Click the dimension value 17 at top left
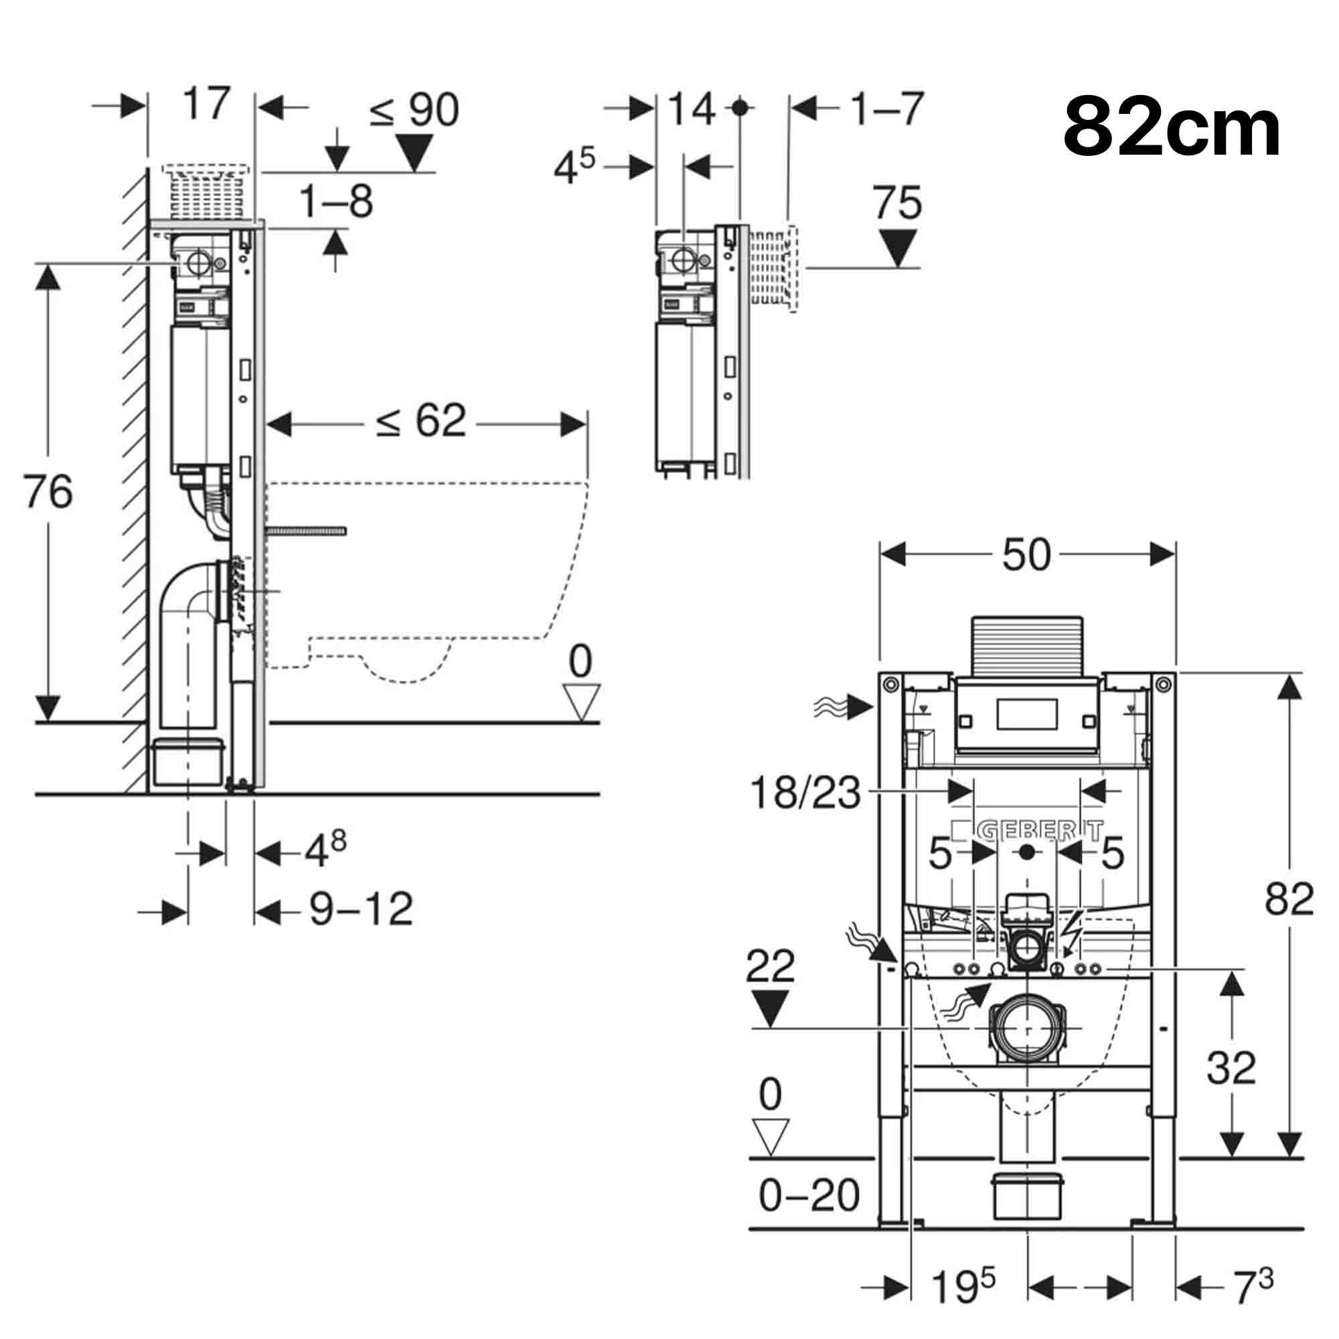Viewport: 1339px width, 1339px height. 206,104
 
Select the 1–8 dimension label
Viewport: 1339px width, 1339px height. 336,202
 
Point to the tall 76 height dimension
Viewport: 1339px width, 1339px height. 47,491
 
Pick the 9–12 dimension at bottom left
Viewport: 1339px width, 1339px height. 360,909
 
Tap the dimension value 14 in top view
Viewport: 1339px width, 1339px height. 691,109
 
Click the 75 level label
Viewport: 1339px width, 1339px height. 897,203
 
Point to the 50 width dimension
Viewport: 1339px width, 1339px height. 1026,554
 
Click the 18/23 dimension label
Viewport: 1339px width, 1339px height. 805,793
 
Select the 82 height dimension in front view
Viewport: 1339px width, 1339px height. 1288,900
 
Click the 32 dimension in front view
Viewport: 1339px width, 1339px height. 1231,1068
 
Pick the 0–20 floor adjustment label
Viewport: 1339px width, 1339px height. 809,1196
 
